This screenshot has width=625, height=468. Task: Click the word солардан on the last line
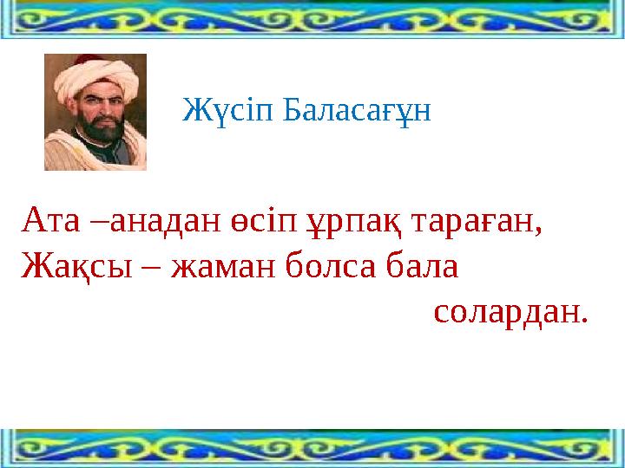[510, 309]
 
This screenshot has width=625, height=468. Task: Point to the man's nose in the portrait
[98, 114]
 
